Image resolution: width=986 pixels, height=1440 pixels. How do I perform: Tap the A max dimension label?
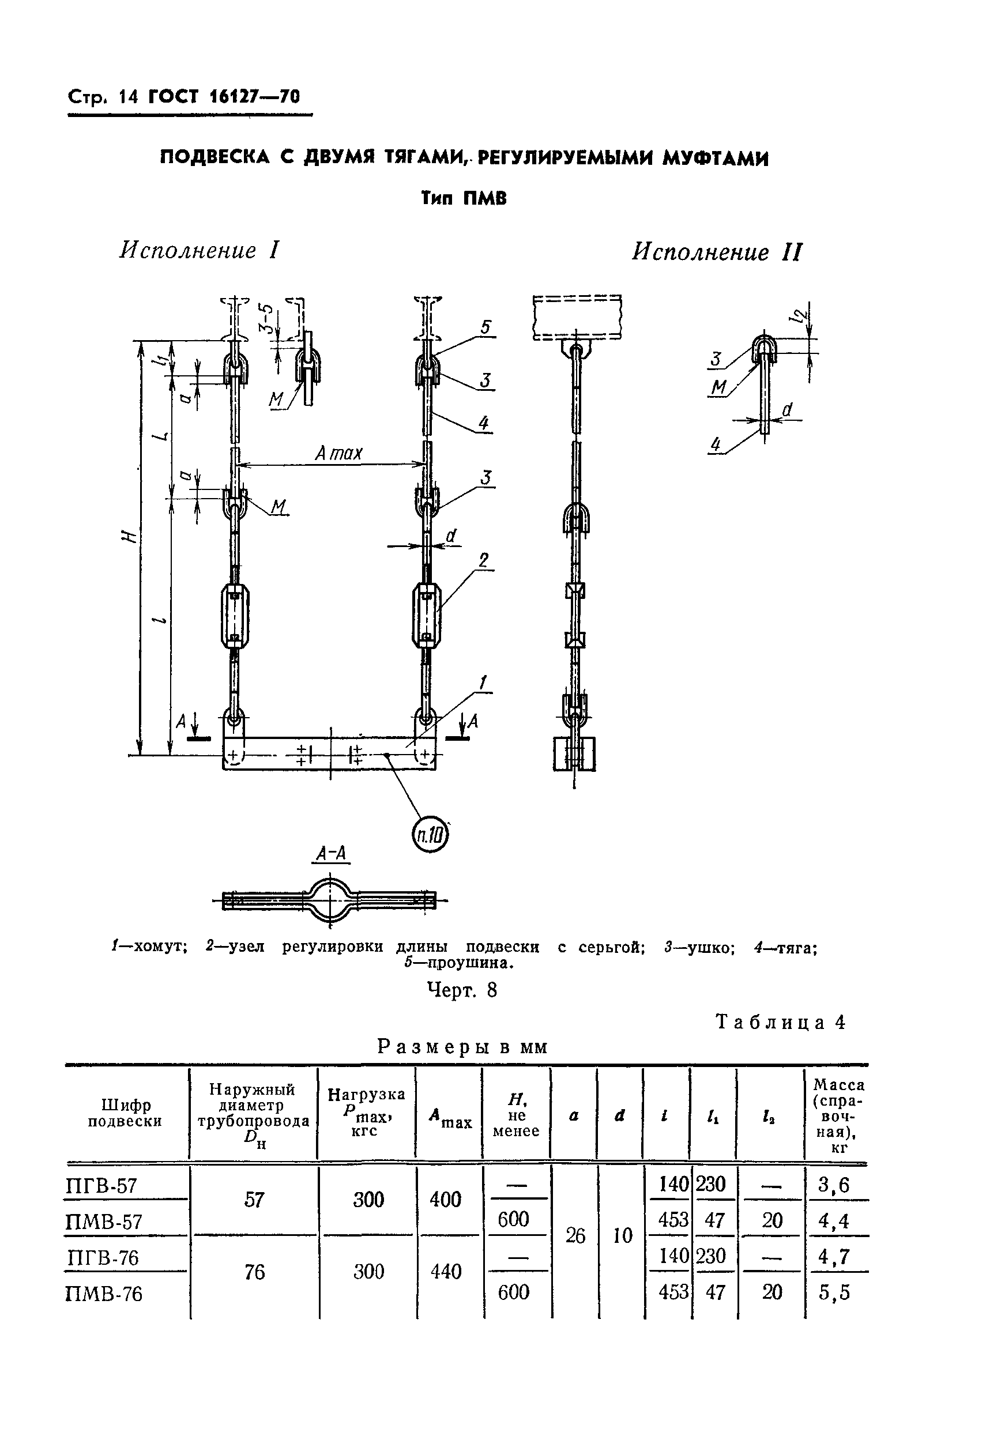click(x=338, y=454)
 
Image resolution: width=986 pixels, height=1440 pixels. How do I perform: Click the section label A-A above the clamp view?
click(x=332, y=854)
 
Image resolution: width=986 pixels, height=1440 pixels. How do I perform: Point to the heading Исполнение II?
click(x=716, y=252)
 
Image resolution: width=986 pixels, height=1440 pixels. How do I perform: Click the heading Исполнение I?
click(x=199, y=250)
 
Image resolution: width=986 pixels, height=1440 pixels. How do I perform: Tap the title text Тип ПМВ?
click(x=464, y=199)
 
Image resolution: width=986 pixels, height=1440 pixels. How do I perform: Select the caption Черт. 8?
click(x=462, y=990)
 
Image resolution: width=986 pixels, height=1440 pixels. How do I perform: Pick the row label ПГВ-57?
click(x=101, y=1186)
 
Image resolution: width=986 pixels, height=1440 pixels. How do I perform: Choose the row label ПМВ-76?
click(x=103, y=1294)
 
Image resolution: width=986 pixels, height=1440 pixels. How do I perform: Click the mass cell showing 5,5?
click(x=834, y=1292)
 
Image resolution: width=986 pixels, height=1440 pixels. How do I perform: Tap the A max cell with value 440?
click(x=446, y=1272)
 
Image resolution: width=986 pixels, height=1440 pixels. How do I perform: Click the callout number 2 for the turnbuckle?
click(x=483, y=560)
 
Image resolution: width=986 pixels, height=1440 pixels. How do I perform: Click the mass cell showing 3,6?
click(x=834, y=1185)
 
